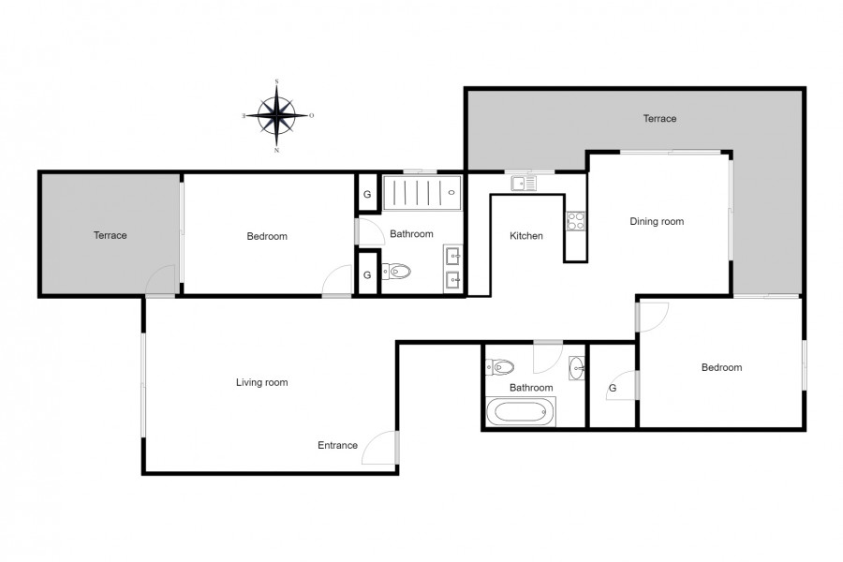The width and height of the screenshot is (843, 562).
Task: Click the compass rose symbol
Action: [277, 115]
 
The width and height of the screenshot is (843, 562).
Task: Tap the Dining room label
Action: [657, 221]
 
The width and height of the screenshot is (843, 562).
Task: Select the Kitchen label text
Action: [525, 235]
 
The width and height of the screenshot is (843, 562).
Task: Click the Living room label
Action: [262, 382]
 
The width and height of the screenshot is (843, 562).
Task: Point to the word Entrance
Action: [337, 445]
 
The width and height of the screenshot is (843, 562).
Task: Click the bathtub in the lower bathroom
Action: [521, 412]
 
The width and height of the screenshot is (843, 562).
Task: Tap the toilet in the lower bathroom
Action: [499, 367]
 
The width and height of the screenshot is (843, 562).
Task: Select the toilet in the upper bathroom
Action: [396, 271]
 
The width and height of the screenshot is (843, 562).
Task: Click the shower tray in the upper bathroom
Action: [422, 193]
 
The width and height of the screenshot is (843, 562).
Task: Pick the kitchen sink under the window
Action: [524, 184]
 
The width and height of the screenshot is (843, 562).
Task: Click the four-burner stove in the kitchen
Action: [575, 221]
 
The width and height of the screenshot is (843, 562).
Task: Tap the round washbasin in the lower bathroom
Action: [576, 368]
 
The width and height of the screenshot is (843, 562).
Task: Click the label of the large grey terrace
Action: [659, 118]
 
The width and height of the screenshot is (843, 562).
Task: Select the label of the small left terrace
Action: [111, 235]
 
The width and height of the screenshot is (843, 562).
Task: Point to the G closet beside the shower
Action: [368, 194]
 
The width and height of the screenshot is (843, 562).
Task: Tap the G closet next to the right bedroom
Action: [613, 388]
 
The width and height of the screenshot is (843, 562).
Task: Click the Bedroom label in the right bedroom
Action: [721, 367]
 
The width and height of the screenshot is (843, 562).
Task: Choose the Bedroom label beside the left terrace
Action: [267, 236]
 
